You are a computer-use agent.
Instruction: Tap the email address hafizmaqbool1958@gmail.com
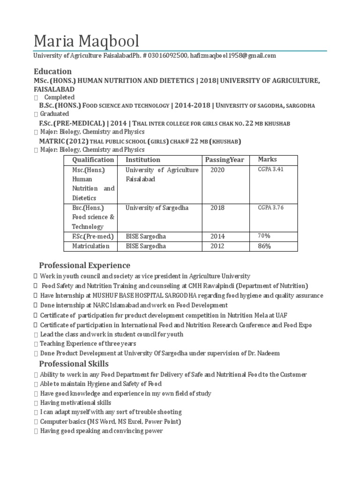point(233,56)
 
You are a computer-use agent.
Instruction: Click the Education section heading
point(52,72)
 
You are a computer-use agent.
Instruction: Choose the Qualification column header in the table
point(93,160)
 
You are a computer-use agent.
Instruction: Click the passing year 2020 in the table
point(217,170)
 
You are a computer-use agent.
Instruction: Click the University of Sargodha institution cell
point(157,208)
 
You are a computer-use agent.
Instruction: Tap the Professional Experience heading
point(84,266)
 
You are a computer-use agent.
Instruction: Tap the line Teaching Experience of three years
point(88,344)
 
